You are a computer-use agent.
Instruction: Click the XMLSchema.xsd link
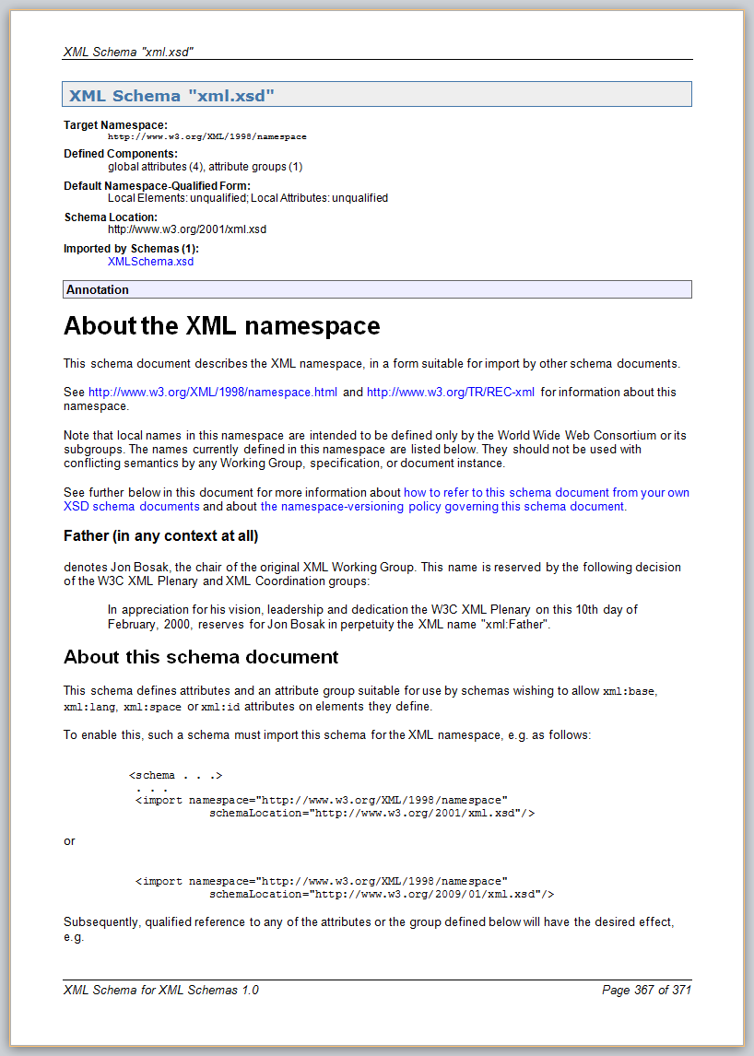pos(150,262)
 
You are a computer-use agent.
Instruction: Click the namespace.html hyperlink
pos(213,393)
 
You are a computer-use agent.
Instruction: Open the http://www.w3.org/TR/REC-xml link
pos(450,393)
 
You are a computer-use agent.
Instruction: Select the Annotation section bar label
pos(98,290)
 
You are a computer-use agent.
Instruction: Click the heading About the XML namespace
pos(221,326)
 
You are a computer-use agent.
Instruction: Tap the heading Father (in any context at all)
pos(160,535)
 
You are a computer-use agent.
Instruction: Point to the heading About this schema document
pos(200,657)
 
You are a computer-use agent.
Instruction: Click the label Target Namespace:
pos(115,124)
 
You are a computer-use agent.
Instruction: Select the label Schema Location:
pos(111,217)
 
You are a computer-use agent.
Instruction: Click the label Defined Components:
pos(121,154)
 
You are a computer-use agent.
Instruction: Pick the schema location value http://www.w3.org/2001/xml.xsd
pos(187,229)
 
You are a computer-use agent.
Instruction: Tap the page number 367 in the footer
pos(644,991)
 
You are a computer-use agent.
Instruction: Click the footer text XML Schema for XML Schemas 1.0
pos(160,991)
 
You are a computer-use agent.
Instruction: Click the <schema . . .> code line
pos(176,776)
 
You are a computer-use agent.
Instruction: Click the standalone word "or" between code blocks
pos(69,841)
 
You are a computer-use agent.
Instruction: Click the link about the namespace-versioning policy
pos(442,507)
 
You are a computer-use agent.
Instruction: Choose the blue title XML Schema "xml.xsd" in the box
pos(171,96)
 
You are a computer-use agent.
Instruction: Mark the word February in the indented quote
pos(132,626)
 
